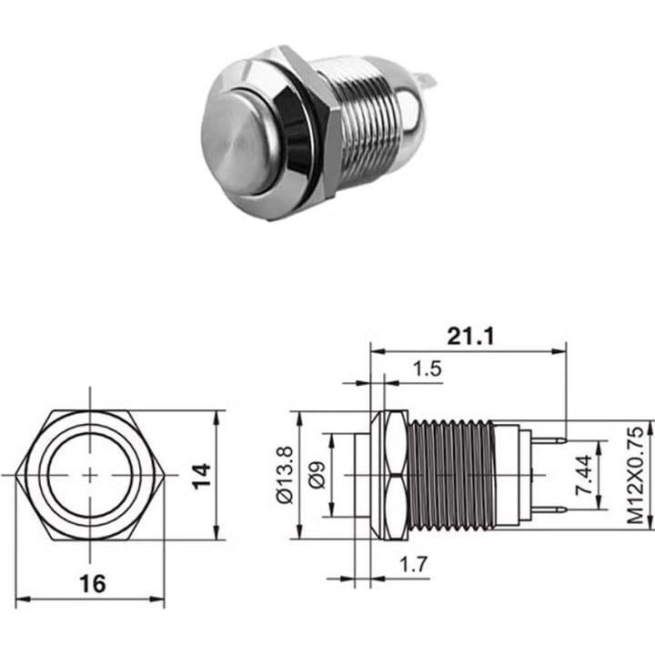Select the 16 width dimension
coord(90,582)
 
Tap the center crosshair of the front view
coord(91,475)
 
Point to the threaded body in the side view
coord(452,476)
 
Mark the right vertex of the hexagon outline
coord(165,475)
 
